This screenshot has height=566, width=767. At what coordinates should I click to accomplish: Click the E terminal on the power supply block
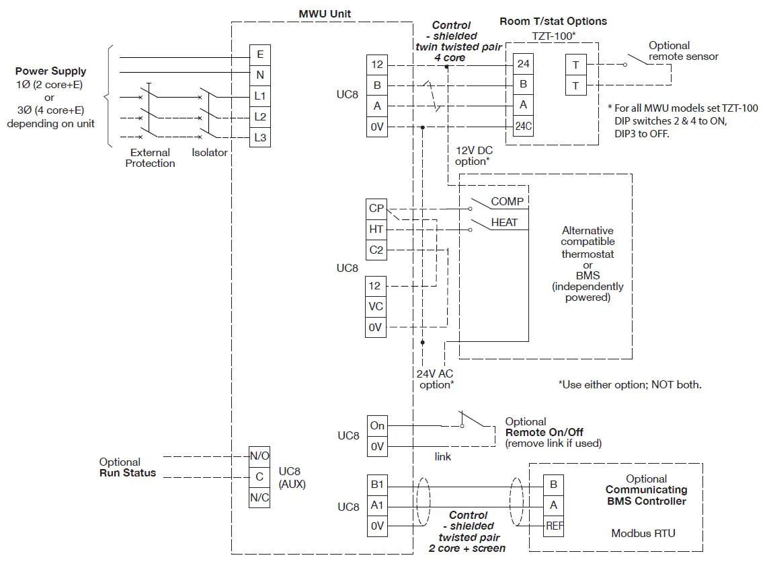click(259, 55)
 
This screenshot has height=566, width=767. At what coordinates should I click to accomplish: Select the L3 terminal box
click(259, 138)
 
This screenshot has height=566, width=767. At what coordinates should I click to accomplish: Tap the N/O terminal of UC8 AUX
click(259, 456)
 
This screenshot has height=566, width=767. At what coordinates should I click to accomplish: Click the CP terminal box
click(376, 209)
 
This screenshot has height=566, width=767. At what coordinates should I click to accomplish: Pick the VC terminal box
click(376, 306)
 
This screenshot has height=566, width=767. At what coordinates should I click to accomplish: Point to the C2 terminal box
click(376, 250)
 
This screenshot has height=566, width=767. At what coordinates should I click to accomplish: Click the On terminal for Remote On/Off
click(377, 425)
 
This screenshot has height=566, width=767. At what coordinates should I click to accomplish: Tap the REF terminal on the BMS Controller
click(555, 526)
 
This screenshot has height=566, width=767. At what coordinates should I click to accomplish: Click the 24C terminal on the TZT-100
click(523, 127)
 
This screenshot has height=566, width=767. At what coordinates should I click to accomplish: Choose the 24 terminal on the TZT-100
click(523, 64)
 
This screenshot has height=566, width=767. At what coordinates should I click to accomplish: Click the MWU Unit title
click(325, 13)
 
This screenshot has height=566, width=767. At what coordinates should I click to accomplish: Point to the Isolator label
click(209, 153)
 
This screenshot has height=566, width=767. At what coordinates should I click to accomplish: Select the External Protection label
click(150, 158)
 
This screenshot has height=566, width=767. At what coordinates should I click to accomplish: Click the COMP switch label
click(507, 201)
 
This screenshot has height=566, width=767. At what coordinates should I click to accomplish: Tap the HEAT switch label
click(504, 222)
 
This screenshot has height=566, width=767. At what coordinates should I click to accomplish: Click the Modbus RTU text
click(643, 533)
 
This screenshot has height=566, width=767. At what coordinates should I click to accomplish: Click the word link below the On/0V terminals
click(443, 457)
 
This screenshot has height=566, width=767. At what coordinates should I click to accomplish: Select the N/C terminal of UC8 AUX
click(259, 497)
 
